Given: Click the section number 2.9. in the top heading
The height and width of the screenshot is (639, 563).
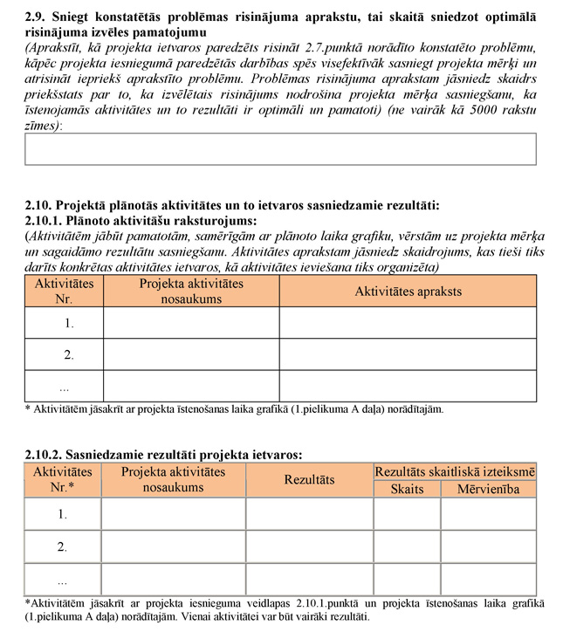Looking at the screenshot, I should pos(38,17).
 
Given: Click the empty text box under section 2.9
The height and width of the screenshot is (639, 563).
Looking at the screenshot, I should pos(280,148).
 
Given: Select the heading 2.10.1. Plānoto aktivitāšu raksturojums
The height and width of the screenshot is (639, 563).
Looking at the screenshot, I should pos(141,221).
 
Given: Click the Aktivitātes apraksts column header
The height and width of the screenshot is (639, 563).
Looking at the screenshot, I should pos(408,292).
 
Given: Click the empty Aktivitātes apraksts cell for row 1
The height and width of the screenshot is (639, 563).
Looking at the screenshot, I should pos(408,323).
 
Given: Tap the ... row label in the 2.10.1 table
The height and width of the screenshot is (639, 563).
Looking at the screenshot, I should pos(64,386).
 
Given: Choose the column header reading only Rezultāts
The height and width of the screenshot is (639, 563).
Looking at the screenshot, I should pos(309,480).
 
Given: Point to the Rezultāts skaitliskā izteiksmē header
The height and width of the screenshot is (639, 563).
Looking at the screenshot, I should pos(455,471).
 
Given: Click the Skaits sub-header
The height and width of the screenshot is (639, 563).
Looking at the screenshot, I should pos(407,489).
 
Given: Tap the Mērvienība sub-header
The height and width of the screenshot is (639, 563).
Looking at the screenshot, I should pos(488,489).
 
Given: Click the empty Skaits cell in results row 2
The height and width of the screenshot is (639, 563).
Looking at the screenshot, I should pos(407,547).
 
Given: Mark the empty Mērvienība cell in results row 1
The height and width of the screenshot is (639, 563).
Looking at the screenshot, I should pos(488,514).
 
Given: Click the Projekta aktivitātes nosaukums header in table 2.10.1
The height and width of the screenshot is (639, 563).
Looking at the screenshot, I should pos(191,292).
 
